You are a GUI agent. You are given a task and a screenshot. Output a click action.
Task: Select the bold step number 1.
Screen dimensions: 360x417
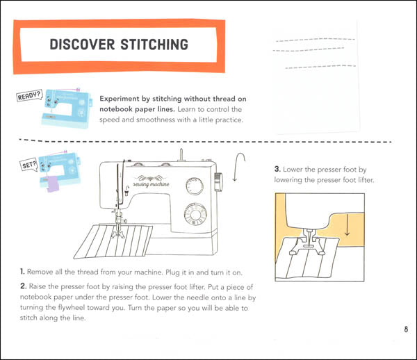[22, 270]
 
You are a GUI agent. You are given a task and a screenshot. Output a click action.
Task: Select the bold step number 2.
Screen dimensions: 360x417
[23, 286]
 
